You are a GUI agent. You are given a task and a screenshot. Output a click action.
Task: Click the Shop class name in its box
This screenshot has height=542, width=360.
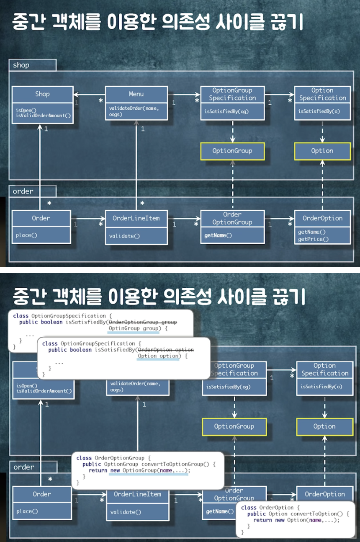pyautogui.click(x=42, y=94)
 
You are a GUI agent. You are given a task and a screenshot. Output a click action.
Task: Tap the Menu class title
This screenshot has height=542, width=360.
pyautogui.click(x=136, y=94)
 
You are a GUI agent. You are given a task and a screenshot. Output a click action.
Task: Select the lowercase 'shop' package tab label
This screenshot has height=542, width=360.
pyautogui.click(x=21, y=65)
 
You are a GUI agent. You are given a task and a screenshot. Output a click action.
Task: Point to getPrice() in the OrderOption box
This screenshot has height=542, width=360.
pyautogui.click(x=313, y=239)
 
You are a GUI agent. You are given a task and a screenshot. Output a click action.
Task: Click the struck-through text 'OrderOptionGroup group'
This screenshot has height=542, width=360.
pyautogui.click(x=143, y=322)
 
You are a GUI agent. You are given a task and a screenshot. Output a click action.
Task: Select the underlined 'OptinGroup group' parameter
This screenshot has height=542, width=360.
pyautogui.click(x=134, y=329)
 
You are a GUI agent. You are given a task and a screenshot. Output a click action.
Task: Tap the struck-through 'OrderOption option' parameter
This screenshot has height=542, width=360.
pyautogui.click(x=166, y=349)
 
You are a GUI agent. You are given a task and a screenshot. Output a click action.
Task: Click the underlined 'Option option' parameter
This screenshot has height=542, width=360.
pyautogui.click(x=158, y=356)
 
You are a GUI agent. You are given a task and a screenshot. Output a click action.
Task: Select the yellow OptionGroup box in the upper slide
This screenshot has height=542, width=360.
pyautogui.click(x=232, y=151)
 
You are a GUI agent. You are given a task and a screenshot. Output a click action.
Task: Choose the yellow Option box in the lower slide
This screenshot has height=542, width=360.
pyautogui.click(x=324, y=426)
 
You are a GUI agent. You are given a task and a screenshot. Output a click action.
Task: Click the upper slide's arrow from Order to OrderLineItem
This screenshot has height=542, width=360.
pyautogui.click(x=88, y=219)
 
